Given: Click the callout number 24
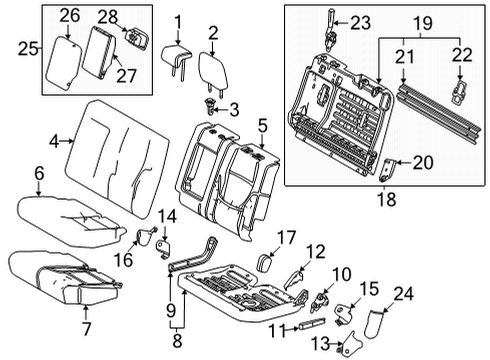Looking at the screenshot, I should pos(459,292).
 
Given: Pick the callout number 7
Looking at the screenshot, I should pos(85,327).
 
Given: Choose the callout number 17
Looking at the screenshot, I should pos(284,237).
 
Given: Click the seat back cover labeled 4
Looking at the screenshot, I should pos(110,145).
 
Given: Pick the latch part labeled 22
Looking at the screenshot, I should pos(461,90).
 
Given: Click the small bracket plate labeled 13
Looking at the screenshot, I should pos(349,346).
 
